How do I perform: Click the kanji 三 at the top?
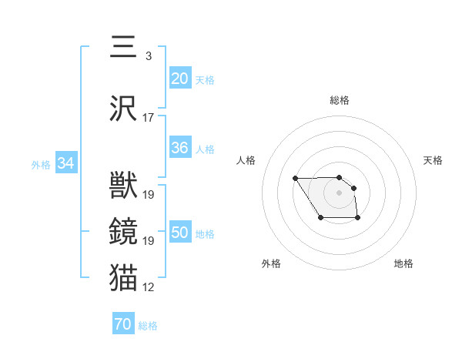tap(123, 47)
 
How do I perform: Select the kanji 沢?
tap(123, 108)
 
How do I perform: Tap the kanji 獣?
tap(123, 186)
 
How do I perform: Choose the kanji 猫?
tap(123, 277)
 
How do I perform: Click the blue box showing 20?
tap(180, 79)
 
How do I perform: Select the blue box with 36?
tap(180, 149)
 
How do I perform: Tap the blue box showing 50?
tap(180, 233)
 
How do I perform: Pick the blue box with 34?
tap(66, 163)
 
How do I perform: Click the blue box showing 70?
tap(123, 324)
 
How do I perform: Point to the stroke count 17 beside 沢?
tap(149, 118)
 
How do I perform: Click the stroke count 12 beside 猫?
tap(149, 287)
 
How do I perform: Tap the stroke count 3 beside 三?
tap(148, 56)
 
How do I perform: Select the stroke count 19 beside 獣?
tap(149, 195)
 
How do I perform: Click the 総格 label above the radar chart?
tap(340, 100)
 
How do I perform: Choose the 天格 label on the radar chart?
tap(433, 160)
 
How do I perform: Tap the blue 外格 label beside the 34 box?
tap(42, 164)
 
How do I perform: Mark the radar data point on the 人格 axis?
tap(296, 179)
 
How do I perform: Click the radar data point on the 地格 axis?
tap(358, 219)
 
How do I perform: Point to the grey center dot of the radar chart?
tap(339, 192)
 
